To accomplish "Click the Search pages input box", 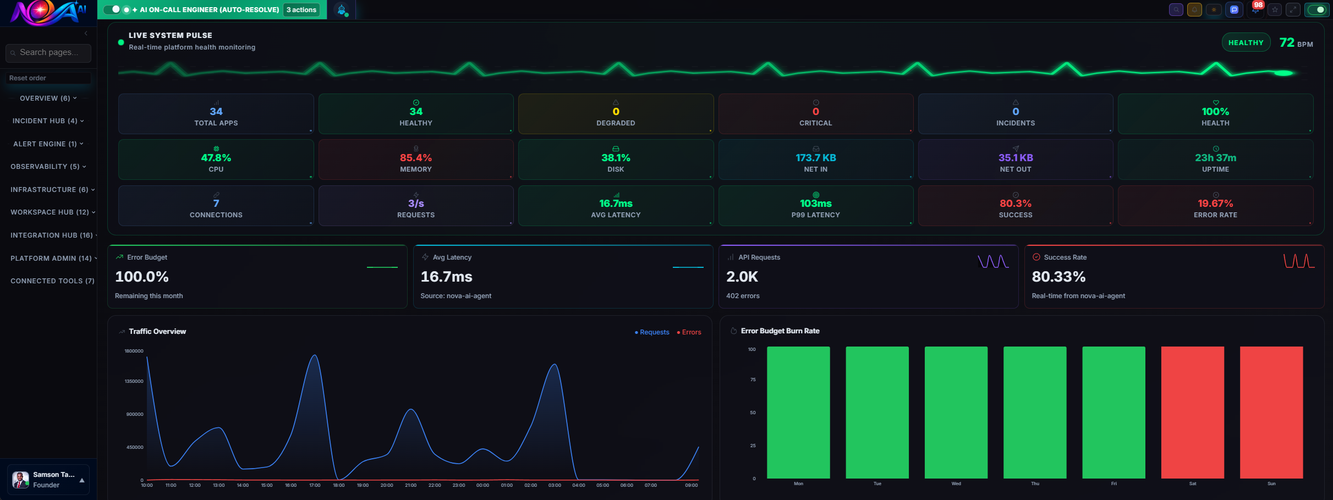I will (x=48, y=53).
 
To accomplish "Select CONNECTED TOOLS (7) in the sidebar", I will (x=52, y=281).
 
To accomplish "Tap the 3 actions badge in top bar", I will (x=301, y=10).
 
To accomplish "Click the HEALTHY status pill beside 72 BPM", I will (x=1246, y=43).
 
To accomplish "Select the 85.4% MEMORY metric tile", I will (x=416, y=160).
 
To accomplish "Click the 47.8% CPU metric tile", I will (x=216, y=160).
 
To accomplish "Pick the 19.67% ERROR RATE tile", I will (x=1215, y=206).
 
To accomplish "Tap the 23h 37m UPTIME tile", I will (x=1215, y=160).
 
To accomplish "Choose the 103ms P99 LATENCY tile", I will (x=815, y=206).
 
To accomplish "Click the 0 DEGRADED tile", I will (x=616, y=114).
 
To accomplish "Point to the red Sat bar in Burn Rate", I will (x=1192, y=413).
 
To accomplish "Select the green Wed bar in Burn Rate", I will (x=956, y=413).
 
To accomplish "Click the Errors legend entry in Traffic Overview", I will (x=689, y=332).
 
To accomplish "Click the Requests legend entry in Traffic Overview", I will (x=652, y=332).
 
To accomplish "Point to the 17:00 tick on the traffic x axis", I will (x=315, y=485).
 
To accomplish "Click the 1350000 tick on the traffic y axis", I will (x=134, y=381).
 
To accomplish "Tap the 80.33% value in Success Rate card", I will (x=1058, y=277).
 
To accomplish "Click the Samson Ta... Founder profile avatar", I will (x=21, y=480).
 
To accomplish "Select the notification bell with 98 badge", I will (x=1255, y=10).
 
